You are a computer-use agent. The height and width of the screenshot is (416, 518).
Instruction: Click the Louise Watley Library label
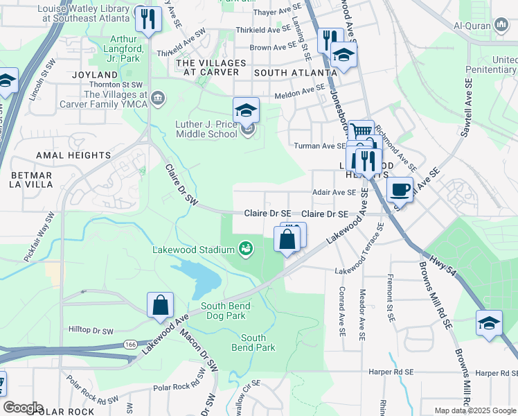coord(85,14)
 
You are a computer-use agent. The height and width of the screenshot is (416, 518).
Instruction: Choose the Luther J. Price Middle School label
coord(206,129)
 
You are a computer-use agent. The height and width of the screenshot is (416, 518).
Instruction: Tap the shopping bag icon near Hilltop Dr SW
coord(160,304)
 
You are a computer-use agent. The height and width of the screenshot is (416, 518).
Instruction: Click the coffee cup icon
coord(400,189)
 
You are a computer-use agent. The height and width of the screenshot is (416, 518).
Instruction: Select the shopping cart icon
coord(360,132)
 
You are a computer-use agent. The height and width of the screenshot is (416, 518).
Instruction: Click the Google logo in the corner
coord(22,407)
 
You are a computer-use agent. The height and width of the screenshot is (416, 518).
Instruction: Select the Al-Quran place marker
coord(502,26)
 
